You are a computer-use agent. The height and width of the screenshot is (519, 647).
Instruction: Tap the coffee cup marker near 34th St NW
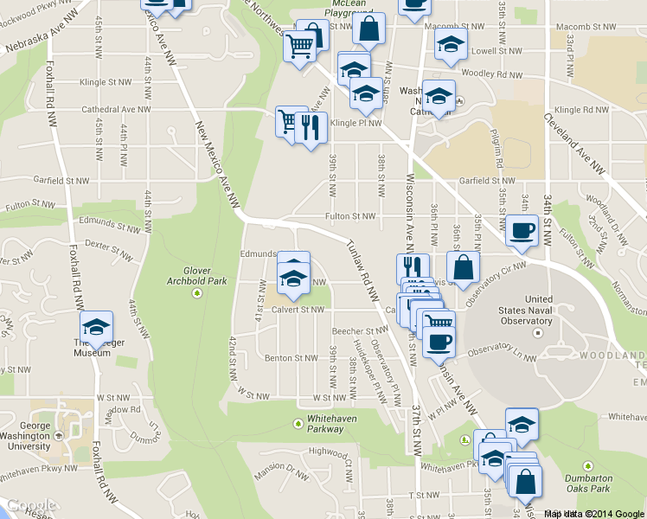click(x=522, y=230)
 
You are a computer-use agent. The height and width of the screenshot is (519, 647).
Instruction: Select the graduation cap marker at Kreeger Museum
click(x=96, y=327)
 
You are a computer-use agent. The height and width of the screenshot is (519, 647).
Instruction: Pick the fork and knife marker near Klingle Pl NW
click(x=311, y=128)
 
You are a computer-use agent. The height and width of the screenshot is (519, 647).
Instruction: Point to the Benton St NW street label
click(x=291, y=357)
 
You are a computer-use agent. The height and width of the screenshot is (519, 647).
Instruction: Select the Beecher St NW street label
click(x=360, y=330)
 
